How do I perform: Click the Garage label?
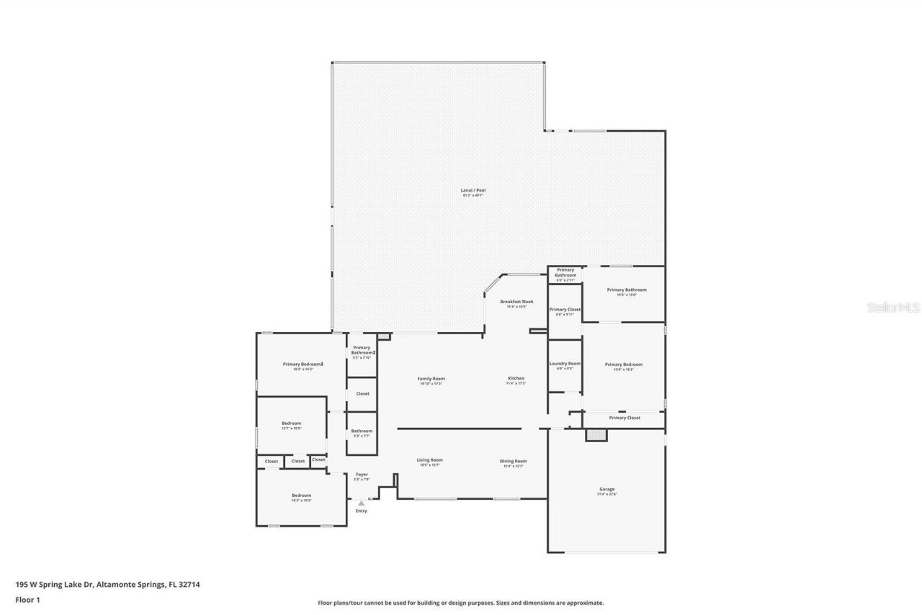607,490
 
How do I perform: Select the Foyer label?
362,476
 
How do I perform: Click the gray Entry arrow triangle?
362,503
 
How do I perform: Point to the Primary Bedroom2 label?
303,366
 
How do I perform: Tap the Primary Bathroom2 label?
362,351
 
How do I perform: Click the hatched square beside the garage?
596,435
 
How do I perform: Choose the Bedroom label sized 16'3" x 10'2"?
301,497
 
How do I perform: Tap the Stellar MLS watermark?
892,307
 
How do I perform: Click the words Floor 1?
27,599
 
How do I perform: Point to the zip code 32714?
189,585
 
